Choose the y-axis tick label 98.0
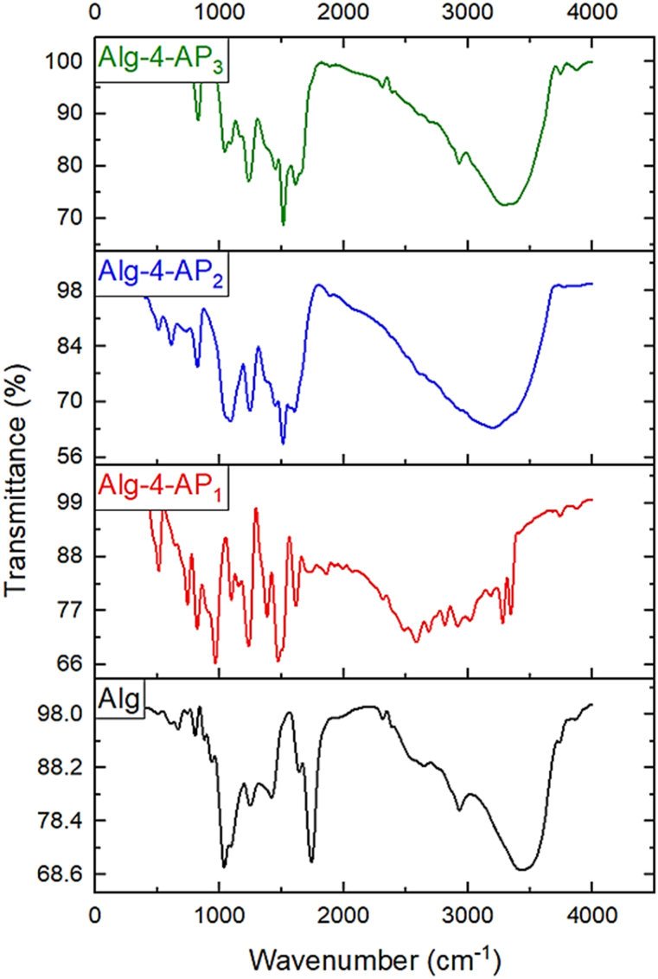tap(61, 715)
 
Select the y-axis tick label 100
tap(67, 62)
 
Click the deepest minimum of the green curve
tap(283, 224)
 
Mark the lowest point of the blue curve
tap(283, 444)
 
